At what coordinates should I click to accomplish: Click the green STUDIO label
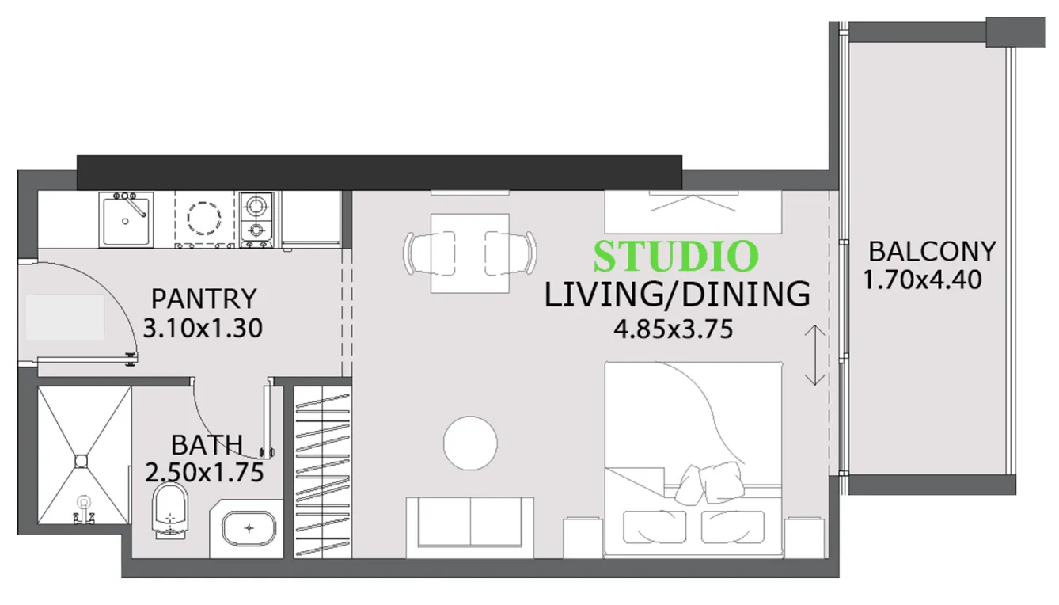[676, 256]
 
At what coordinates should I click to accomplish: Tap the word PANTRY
[204, 299]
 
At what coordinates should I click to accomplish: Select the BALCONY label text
[932, 252]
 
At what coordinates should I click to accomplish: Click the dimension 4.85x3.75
[673, 328]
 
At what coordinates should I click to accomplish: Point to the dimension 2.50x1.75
[204, 473]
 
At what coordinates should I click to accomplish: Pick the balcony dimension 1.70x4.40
[923, 280]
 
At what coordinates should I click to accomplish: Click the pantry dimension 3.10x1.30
[202, 326]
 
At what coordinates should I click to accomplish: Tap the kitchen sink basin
[126, 220]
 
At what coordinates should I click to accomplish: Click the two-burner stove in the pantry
[256, 219]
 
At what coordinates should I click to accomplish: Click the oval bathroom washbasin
[249, 527]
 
